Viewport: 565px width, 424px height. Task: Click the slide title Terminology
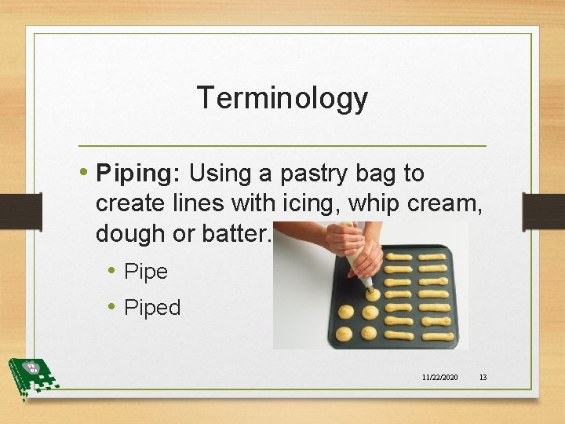coord(282,98)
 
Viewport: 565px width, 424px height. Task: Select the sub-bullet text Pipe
coord(147,272)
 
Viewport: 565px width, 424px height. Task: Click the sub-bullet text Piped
coord(153,308)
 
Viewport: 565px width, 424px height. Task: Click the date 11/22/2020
coord(439,378)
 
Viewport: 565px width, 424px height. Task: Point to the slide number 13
coord(483,378)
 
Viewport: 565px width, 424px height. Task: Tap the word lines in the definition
coord(201,203)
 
